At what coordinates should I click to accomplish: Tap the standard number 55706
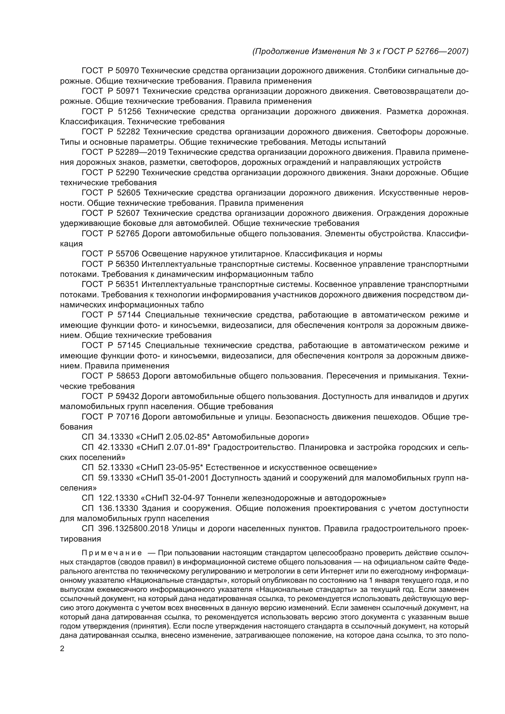pyautogui.click(x=127, y=254)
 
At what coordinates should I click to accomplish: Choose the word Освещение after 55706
pyautogui.click(x=165, y=254)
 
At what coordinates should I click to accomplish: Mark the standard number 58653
pyautogui.click(x=128, y=376)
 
